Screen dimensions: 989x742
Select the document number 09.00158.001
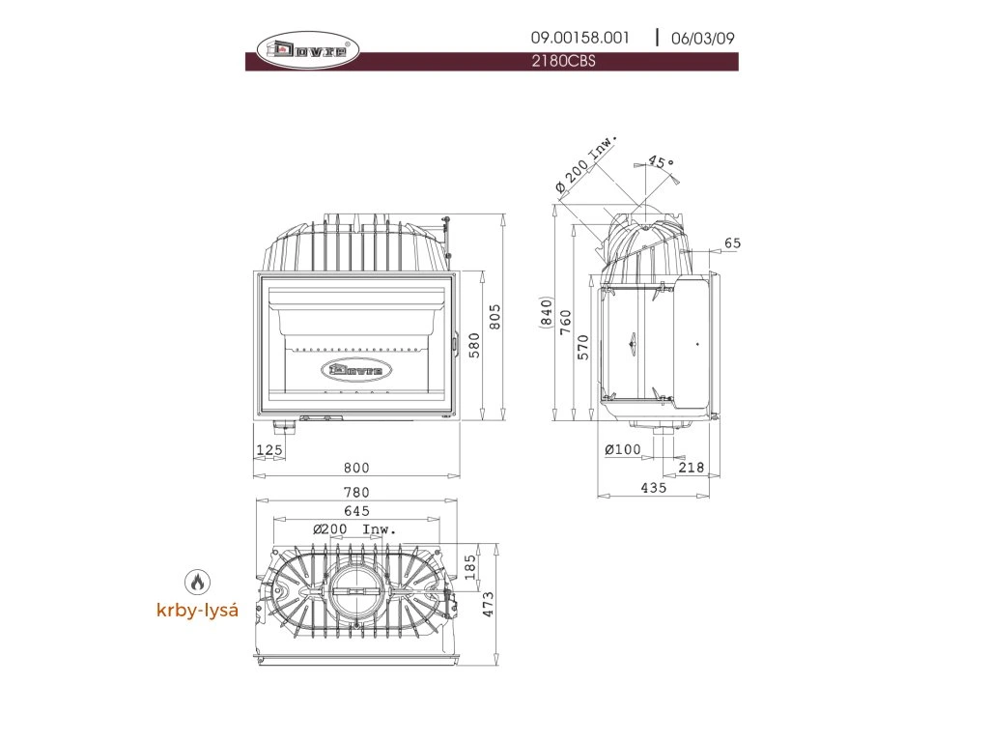[x=579, y=38]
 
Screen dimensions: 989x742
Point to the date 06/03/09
[x=703, y=39]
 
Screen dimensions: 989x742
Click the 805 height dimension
[x=494, y=317]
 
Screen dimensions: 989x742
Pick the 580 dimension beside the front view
[x=473, y=345]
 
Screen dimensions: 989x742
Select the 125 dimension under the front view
[x=269, y=449]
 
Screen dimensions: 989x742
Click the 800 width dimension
[x=356, y=468]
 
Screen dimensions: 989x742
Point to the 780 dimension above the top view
[x=356, y=493]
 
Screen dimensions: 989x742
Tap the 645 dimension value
[x=356, y=510]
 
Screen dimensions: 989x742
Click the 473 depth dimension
[x=489, y=603]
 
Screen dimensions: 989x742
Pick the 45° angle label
[x=661, y=162]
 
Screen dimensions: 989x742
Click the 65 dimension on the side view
[x=732, y=243]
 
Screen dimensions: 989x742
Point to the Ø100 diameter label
[x=623, y=449]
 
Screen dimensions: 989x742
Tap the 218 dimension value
[x=692, y=468]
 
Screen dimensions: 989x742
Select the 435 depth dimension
[x=654, y=489]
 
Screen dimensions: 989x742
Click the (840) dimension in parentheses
[x=547, y=314]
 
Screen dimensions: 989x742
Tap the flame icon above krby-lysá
[x=197, y=582]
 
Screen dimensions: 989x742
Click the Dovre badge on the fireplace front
[x=356, y=368]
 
